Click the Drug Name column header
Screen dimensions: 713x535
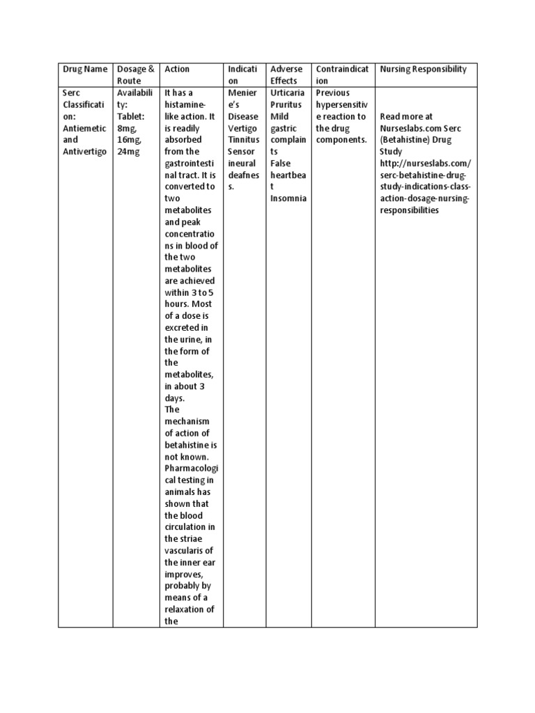point(85,69)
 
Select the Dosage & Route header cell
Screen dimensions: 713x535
point(136,75)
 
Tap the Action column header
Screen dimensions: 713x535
point(177,69)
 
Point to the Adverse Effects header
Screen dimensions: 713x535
point(286,75)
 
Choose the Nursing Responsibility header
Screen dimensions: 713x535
point(423,69)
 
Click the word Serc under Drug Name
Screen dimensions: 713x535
point(71,93)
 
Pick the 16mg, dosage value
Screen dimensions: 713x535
point(130,140)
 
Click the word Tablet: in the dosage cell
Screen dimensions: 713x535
point(133,116)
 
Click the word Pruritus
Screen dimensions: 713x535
point(286,104)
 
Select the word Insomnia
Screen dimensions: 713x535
point(288,199)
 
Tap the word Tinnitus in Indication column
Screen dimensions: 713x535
point(243,140)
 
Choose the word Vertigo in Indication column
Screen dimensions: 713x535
point(242,128)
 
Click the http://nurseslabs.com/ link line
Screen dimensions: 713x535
point(425,164)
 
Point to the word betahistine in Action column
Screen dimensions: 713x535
point(188,445)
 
